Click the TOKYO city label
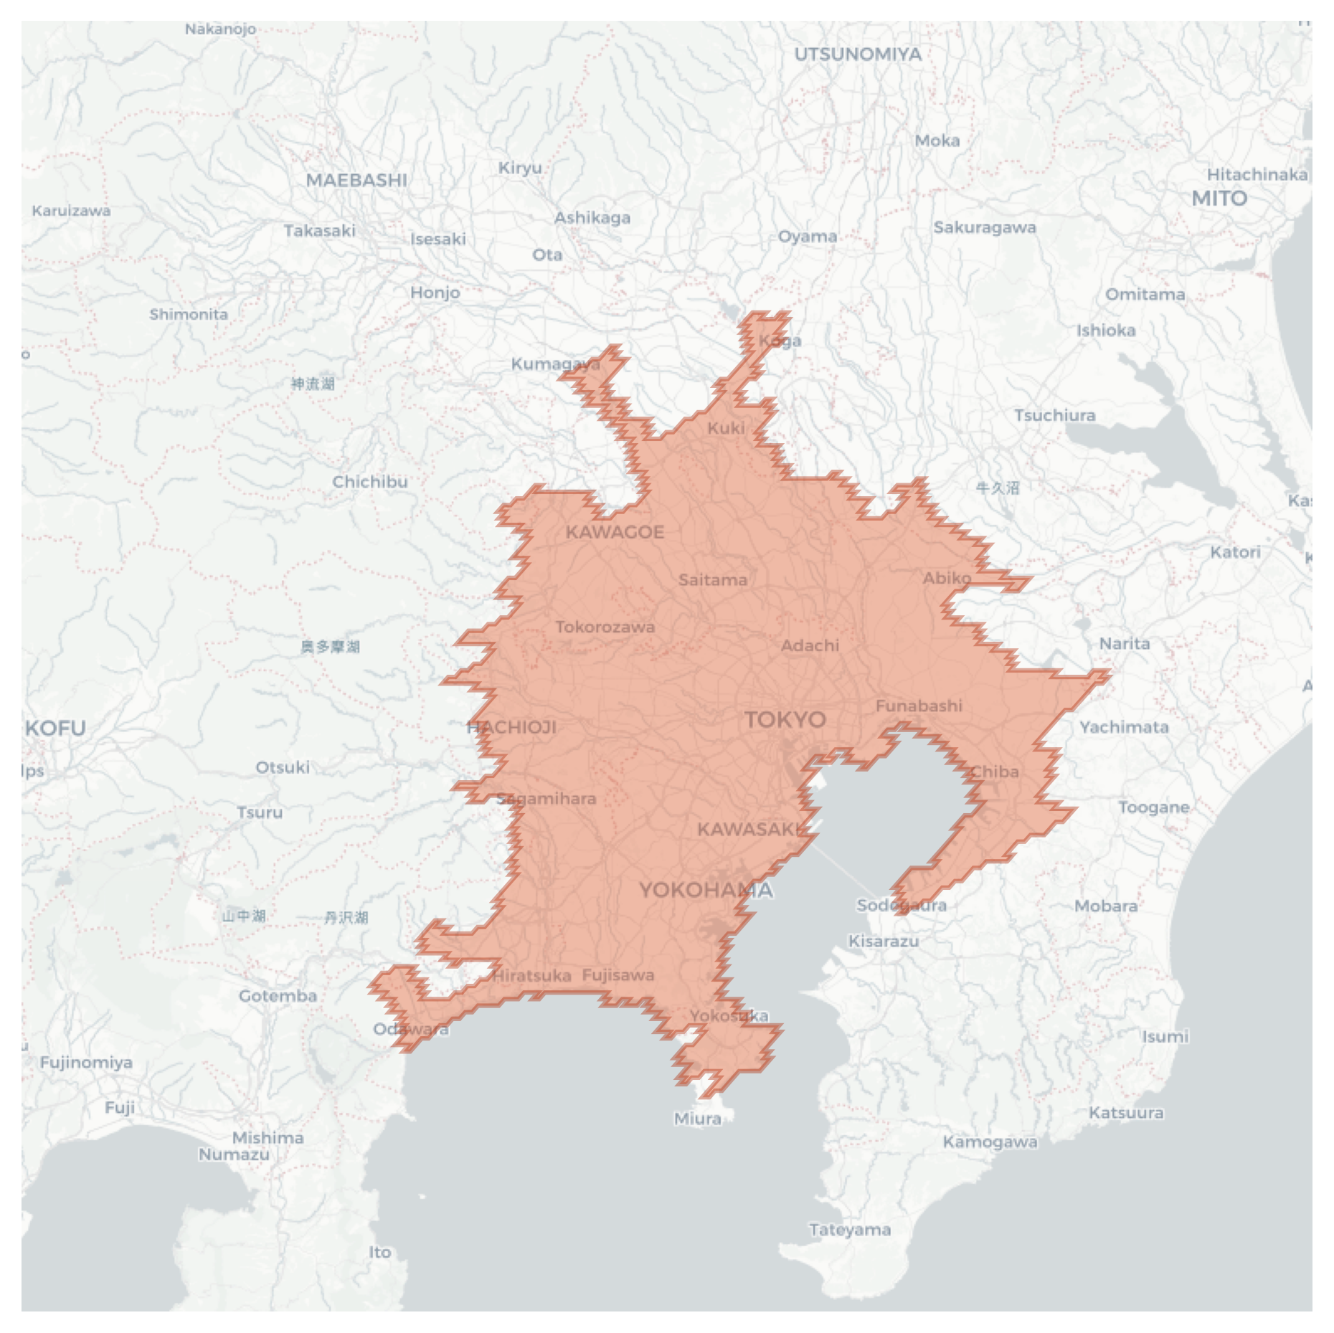point(785,719)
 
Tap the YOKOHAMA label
point(706,890)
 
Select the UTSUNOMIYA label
point(858,54)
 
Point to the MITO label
point(1219,198)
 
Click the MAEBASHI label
point(356,180)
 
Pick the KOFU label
point(55,729)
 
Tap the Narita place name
point(1125,643)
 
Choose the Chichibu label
point(369,482)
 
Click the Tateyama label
point(850,1230)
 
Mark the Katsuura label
point(1126,1112)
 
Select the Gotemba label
point(278,995)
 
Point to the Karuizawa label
point(71,211)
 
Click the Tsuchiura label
point(1054,415)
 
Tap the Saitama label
point(713,579)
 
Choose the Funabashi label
point(919,706)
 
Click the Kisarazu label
point(884,941)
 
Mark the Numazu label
point(234,1154)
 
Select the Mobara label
point(1105,906)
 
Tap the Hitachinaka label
point(1257,174)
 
